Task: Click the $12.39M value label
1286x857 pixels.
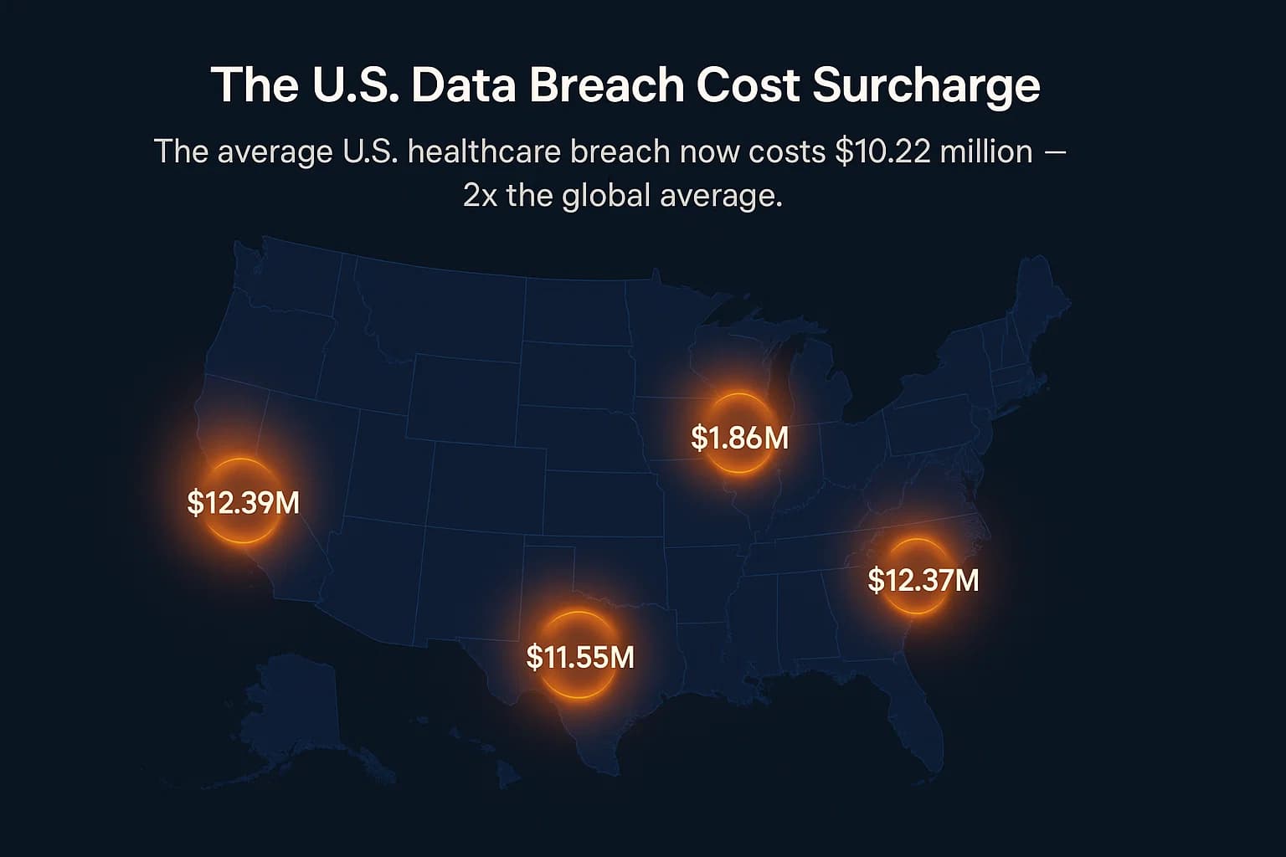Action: coord(243,503)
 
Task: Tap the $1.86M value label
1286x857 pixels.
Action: coord(739,438)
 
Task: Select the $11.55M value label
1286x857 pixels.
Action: coord(580,657)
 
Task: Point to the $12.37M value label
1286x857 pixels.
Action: coord(923,580)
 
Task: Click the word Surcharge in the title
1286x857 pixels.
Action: coord(927,85)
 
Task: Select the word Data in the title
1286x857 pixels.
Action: coord(463,85)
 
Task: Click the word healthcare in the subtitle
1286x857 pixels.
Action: coord(488,152)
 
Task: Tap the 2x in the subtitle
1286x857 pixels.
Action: coord(480,196)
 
